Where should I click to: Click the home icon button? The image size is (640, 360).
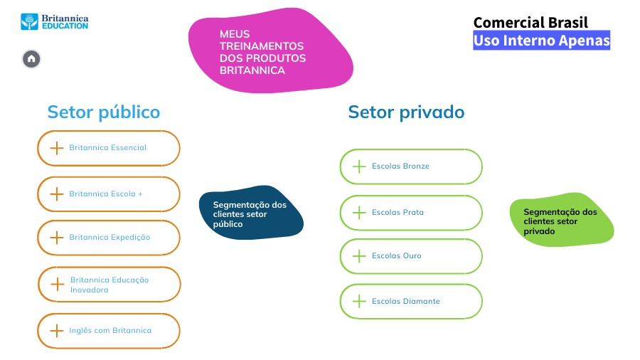31,59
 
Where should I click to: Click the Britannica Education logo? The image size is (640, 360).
55,21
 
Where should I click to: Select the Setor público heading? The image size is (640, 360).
103,112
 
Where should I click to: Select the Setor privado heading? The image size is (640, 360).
405,112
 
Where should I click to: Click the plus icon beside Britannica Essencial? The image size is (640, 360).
57,148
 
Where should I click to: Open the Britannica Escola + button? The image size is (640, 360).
108,194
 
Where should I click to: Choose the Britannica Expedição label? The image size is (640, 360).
110,238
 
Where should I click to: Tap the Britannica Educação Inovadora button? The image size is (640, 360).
109,285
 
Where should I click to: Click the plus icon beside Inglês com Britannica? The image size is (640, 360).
57,331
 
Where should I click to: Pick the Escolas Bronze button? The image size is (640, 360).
410,166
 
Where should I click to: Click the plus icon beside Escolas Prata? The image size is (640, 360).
359,213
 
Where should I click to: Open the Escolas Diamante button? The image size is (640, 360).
410,302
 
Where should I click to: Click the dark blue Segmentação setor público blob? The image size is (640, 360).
251,214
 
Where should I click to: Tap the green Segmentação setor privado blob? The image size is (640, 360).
561,220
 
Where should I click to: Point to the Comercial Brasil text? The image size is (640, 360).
530,23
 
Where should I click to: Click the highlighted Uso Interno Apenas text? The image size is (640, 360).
541,41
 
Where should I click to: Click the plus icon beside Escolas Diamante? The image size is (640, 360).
359,302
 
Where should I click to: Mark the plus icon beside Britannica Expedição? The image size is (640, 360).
57,238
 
